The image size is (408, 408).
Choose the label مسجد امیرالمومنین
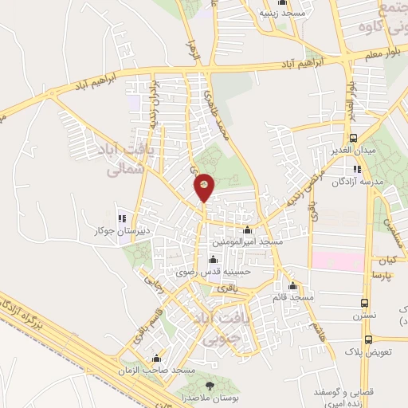(247, 240)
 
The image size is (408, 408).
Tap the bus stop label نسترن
(365, 316)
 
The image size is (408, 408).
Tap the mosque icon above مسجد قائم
(293, 285)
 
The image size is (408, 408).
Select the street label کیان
(387, 261)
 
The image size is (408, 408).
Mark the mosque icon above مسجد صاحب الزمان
(158, 359)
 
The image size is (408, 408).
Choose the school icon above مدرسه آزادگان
(358, 169)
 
